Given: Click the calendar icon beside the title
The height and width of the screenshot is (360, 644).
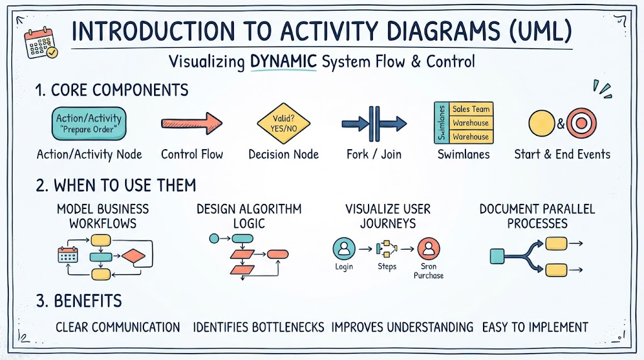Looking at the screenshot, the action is [x=41, y=43].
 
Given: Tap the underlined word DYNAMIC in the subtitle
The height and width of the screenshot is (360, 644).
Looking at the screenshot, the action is [x=284, y=62].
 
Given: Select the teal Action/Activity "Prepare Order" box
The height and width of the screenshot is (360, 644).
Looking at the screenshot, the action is [x=89, y=123].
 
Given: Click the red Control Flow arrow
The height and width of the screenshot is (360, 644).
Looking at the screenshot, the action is [x=192, y=123].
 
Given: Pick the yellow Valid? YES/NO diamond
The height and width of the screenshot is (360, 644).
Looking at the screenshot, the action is [x=284, y=123].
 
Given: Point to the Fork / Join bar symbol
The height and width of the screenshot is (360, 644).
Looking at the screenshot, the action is [x=374, y=123].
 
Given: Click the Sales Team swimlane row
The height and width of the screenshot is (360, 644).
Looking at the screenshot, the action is [x=471, y=109].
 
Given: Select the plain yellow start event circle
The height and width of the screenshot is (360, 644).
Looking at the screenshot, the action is [x=541, y=123].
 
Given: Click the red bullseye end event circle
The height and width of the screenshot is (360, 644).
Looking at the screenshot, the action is [x=581, y=123].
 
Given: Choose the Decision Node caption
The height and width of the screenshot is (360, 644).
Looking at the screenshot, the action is [x=284, y=155].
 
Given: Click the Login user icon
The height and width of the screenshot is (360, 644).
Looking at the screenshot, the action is [x=344, y=248].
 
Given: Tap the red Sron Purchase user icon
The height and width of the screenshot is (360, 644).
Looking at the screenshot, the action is [x=428, y=248].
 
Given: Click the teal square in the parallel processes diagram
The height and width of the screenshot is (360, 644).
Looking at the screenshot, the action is [x=497, y=256].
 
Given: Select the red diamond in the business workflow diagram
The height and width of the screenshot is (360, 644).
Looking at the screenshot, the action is [x=133, y=256].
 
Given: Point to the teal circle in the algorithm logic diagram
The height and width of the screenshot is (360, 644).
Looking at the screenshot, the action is [x=214, y=238].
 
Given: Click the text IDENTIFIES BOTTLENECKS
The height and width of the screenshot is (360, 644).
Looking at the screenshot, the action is [x=258, y=327].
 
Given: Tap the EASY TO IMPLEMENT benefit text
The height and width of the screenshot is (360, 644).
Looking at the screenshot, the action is [x=535, y=327].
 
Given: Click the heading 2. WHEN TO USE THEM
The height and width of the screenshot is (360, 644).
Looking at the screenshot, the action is [x=116, y=186].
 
